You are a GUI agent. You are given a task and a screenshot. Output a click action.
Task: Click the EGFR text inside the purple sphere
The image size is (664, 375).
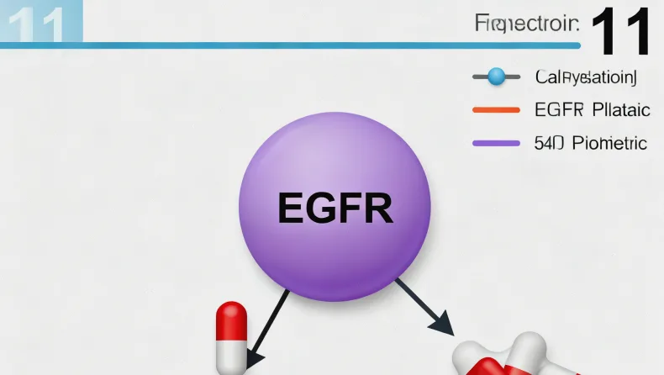pos(335,207)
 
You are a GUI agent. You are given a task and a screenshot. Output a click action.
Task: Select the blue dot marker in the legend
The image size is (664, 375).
pos(496,77)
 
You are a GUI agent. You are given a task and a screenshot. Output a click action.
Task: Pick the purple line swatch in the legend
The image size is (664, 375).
pos(496,143)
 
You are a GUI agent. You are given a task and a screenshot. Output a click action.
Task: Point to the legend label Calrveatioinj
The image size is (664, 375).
pos(586,77)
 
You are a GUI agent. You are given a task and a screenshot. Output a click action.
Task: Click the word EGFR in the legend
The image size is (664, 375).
pos(558,110)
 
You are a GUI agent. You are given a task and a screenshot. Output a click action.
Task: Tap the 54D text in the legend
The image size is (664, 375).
pos(548,143)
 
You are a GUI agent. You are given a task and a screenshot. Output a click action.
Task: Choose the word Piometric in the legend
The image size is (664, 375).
pos(609,143)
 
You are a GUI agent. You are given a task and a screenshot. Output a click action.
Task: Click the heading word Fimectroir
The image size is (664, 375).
pos(525,24)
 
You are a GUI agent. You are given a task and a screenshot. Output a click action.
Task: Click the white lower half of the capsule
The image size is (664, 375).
pos(231,355)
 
